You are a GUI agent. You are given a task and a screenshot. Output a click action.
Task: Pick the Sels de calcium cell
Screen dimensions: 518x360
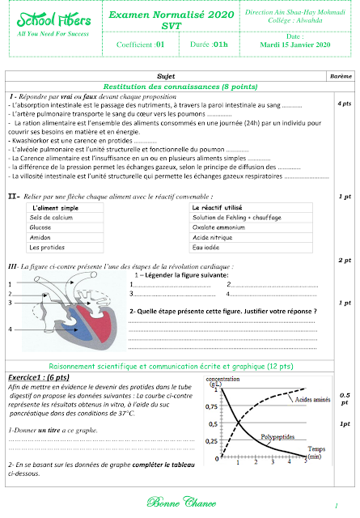(51, 218)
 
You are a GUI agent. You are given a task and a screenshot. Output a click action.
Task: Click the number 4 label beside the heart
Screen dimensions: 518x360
(11, 330)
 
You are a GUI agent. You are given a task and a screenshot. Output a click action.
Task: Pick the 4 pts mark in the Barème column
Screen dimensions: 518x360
(343, 105)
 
